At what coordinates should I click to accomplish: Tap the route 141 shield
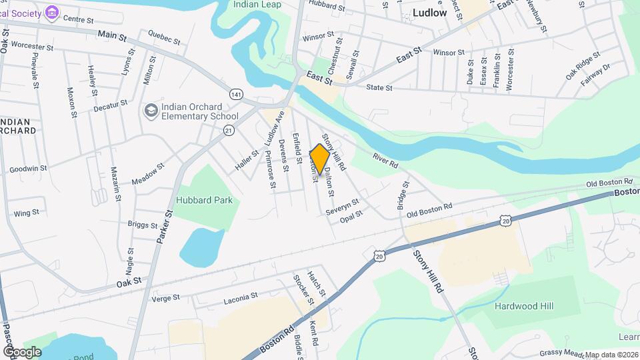235,95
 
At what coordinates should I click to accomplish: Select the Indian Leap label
257,5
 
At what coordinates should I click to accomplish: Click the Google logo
22,351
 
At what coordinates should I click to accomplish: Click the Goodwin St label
29,169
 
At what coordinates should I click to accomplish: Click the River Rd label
385,159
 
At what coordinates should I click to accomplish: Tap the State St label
379,87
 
